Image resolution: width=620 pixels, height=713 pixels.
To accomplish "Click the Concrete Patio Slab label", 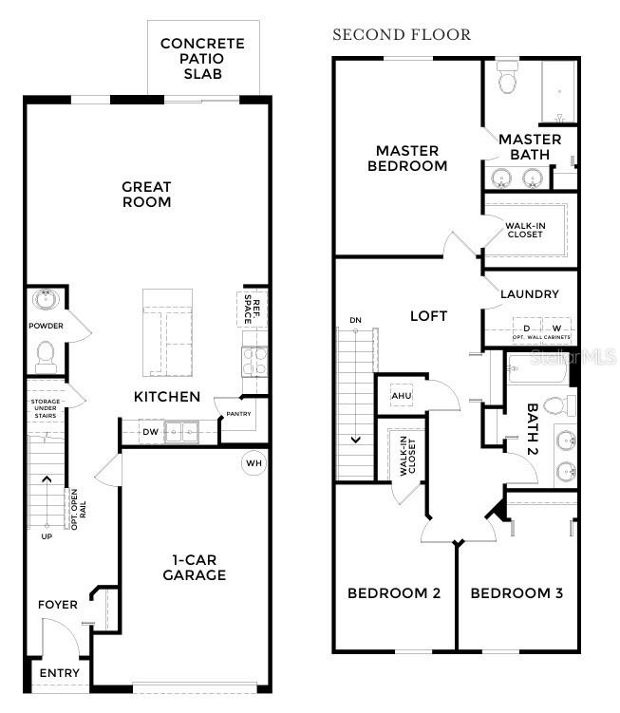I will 202,58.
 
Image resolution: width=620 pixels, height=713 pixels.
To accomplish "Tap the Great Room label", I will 146,195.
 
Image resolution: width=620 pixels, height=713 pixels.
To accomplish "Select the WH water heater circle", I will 254,463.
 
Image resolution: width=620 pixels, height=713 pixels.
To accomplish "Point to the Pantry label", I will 238,414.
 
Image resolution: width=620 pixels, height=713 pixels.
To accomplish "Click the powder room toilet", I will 45,356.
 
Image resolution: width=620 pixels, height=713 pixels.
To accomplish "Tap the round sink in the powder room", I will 44,301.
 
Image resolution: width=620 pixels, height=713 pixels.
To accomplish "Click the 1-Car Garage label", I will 194,568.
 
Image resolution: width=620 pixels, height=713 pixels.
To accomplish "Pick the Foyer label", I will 57,605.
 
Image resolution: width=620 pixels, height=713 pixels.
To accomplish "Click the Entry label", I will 59,673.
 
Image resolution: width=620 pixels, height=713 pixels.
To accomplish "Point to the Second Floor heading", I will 401,35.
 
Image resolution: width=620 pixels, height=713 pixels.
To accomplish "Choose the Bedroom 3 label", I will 517,593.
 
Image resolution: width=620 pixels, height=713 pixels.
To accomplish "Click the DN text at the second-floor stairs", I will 355,320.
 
